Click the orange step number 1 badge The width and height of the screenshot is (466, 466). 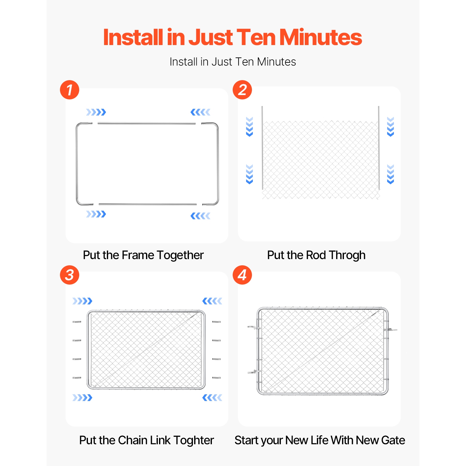coord(70,90)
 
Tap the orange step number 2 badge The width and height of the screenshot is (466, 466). coord(242,90)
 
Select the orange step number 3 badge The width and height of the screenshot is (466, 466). coord(70,275)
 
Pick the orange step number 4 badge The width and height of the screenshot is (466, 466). coord(242,275)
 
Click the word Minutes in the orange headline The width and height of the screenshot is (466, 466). coord(321,37)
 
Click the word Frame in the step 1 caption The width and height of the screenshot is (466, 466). coord(138,255)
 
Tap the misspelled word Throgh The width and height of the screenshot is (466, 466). coord(347,255)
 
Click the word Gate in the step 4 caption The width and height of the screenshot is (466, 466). coord(393,440)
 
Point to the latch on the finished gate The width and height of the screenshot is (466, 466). coord(390,330)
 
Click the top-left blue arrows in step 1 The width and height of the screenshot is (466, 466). coord(96,112)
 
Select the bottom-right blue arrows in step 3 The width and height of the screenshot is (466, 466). coord(212,398)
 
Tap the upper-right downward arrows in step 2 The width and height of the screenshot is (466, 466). coord(391,127)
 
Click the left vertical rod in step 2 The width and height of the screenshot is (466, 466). coord(263,148)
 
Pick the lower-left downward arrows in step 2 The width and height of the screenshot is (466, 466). coord(249,174)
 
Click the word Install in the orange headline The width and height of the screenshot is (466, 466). coord(133,37)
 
